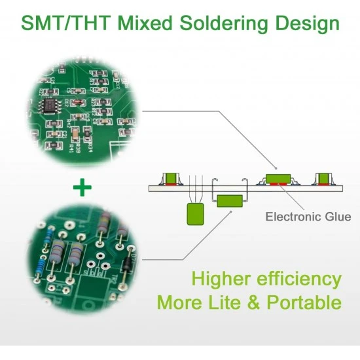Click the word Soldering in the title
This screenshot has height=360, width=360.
(x=224, y=24)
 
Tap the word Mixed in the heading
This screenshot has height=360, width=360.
(x=145, y=23)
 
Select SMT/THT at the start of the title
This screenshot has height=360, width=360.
(x=65, y=23)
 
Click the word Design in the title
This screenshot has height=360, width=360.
(x=307, y=24)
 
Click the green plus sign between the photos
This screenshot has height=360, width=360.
(x=82, y=187)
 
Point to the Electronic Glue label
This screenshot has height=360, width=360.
(x=308, y=217)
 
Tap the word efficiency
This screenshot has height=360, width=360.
(x=299, y=279)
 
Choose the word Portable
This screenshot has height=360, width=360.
(x=304, y=302)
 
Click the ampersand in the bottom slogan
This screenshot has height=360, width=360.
(x=254, y=302)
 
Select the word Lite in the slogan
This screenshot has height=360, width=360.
(x=225, y=302)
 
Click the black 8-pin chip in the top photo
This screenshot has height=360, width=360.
(x=50, y=106)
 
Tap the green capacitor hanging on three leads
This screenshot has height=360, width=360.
(x=196, y=214)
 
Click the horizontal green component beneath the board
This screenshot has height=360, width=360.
(x=230, y=201)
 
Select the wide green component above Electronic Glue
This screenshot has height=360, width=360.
(x=278, y=179)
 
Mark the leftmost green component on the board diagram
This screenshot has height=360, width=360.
(x=170, y=178)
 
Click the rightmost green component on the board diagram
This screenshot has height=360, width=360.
(x=323, y=179)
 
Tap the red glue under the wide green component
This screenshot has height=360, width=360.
(x=278, y=184)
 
